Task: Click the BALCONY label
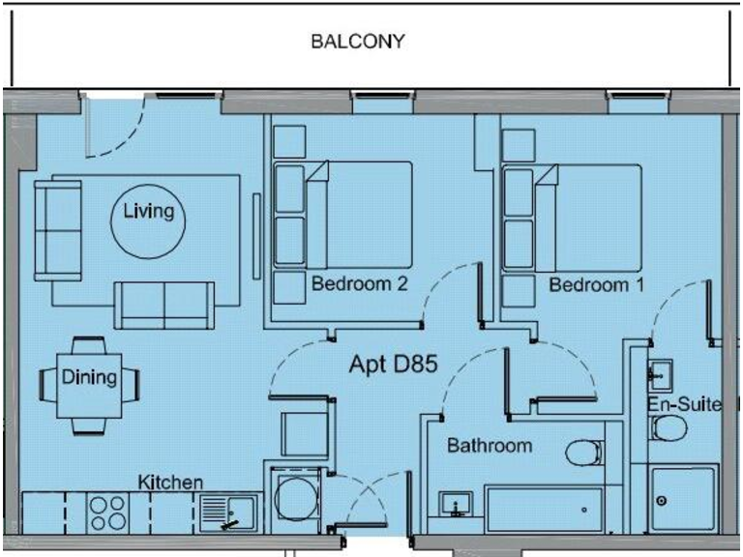(x=357, y=43)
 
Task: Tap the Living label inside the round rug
(x=149, y=212)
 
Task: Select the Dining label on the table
(x=89, y=378)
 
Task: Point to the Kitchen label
(x=170, y=482)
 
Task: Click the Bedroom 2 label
(x=359, y=285)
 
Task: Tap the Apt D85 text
(x=394, y=366)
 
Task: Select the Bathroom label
(x=489, y=446)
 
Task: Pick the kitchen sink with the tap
(x=228, y=512)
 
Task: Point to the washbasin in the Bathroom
(x=455, y=505)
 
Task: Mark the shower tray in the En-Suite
(x=683, y=498)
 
